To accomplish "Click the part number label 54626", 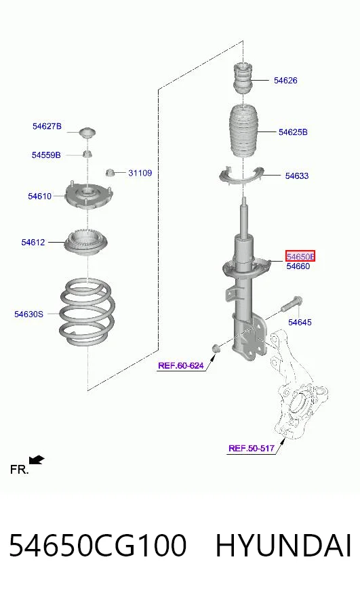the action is point(285,80).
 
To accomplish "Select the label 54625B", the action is point(293,132).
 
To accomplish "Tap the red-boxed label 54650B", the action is point(300,256).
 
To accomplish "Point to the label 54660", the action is point(298,266).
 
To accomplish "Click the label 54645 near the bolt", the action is point(300,322).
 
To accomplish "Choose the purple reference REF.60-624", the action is point(181,365).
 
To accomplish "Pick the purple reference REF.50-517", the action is point(252,448).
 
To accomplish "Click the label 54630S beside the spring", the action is point(28,314).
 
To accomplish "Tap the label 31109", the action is point(140,173).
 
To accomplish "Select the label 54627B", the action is point(47,126).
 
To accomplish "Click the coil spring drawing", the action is point(87,312).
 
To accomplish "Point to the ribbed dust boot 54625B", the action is point(243,131).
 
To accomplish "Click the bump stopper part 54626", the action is point(243,79).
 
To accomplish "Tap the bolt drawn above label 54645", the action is point(292,304).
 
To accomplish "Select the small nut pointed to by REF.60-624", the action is point(215,348).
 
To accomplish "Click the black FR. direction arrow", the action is point(37,460).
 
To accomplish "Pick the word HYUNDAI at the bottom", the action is point(283,546).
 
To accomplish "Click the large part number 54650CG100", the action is point(98,546).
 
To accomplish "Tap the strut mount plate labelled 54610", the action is point(89,196).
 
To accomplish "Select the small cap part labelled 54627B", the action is point(87,133).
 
